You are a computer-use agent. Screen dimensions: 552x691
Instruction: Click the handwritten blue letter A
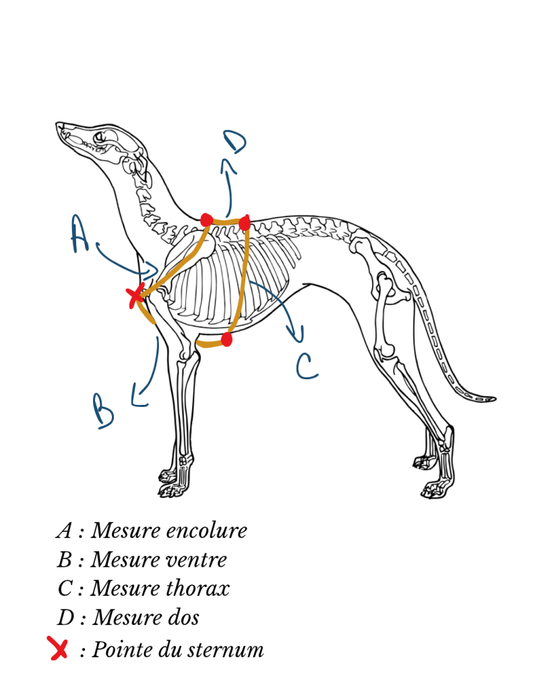click(x=80, y=233)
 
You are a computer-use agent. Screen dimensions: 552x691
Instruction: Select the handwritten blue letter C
click(x=307, y=366)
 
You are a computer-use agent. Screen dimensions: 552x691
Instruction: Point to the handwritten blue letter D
click(x=235, y=141)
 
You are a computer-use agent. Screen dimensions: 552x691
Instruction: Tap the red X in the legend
click(x=58, y=648)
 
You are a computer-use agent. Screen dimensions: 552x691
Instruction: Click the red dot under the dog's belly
click(x=226, y=340)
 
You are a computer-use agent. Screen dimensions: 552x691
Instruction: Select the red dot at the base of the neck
click(x=206, y=219)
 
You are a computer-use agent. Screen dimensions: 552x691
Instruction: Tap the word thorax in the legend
click(x=197, y=588)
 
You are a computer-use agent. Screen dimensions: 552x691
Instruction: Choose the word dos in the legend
click(x=181, y=617)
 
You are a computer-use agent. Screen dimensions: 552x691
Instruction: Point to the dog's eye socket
click(x=101, y=136)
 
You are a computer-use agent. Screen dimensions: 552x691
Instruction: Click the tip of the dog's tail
click(x=494, y=399)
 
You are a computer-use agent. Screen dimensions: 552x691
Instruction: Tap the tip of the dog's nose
click(x=57, y=124)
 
